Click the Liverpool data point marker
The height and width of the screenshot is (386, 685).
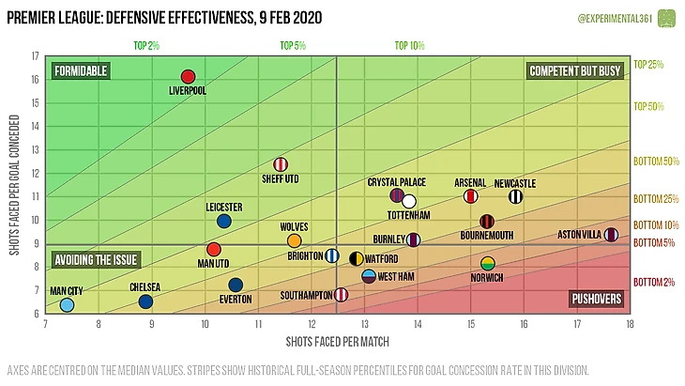(x=188, y=77)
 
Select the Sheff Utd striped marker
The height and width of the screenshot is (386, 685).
(x=281, y=165)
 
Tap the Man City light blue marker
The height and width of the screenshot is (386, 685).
(x=67, y=304)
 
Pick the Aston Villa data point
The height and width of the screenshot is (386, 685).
(x=612, y=235)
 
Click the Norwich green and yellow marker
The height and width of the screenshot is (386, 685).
(x=488, y=264)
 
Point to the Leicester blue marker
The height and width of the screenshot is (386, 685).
(x=224, y=221)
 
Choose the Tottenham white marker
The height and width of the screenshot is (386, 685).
(x=408, y=201)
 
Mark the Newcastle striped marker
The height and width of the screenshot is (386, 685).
(x=515, y=196)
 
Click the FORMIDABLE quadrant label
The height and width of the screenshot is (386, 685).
(x=81, y=70)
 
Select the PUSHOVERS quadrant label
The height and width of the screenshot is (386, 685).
(x=596, y=299)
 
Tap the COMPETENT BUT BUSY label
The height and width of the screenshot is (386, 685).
(x=575, y=70)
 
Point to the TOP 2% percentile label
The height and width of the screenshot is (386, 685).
(x=147, y=45)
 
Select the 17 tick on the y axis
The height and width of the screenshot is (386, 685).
(x=35, y=56)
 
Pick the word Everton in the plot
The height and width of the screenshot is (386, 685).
(x=235, y=300)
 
